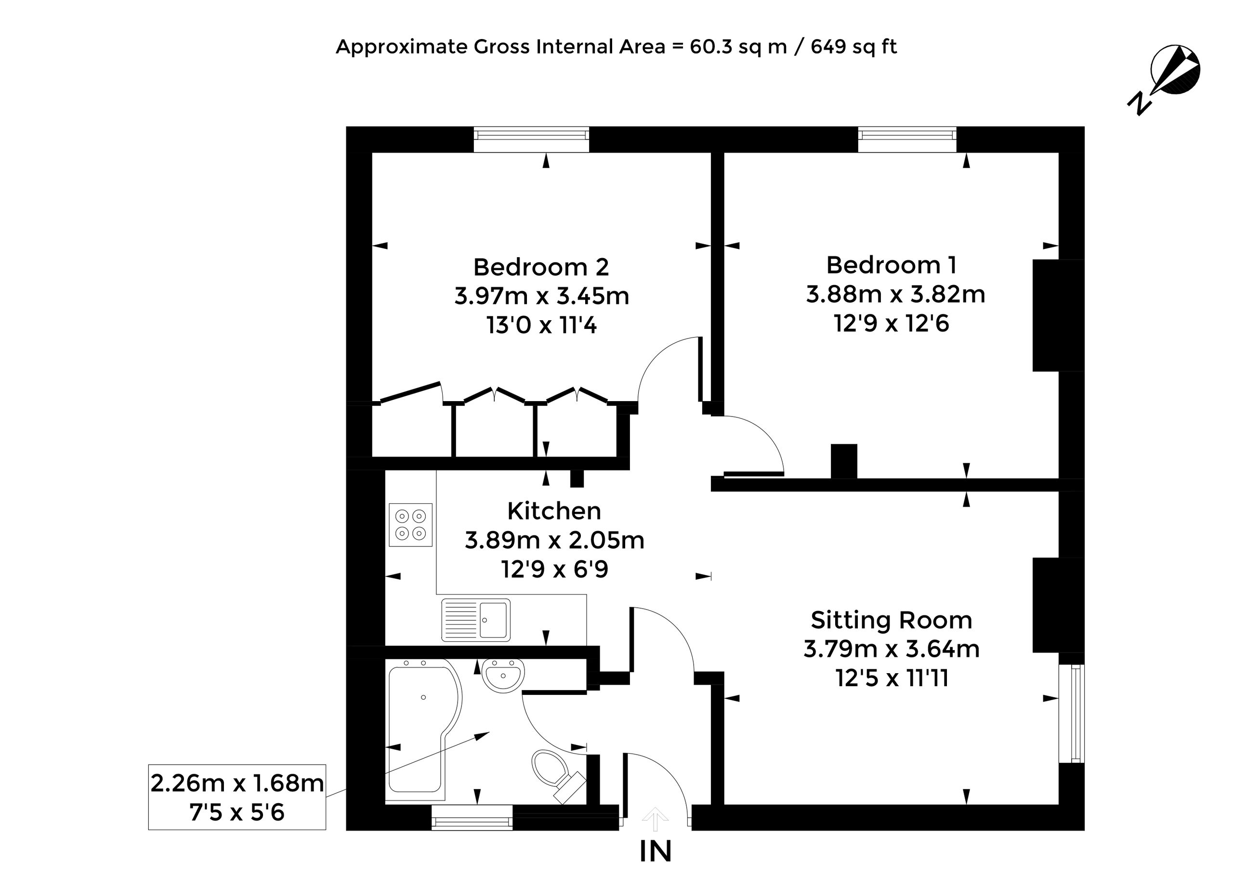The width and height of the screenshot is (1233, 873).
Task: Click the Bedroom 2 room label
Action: [541, 267]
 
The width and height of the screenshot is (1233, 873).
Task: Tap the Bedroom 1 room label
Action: [891, 265]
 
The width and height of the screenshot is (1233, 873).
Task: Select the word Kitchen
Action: [554, 511]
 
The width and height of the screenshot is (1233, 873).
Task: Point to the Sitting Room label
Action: [891, 620]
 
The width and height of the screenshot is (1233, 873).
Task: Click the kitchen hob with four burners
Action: [410, 525]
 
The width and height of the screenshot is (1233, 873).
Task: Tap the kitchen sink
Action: [476, 620]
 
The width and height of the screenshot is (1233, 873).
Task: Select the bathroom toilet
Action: [557, 775]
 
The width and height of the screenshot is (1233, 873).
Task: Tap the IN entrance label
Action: [656, 851]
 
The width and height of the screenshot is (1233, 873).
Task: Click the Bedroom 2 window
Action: [531, 139]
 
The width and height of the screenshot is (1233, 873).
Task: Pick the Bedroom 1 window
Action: [907, 139]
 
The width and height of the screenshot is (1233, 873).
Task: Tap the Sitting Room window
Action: [1072, 713]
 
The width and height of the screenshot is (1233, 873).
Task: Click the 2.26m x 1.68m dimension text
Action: [237, 783]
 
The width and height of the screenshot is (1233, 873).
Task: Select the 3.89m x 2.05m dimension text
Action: [554, 540]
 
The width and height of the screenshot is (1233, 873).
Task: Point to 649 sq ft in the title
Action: [853, 47]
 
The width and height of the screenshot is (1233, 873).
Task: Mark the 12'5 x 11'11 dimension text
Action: [892, 678]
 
